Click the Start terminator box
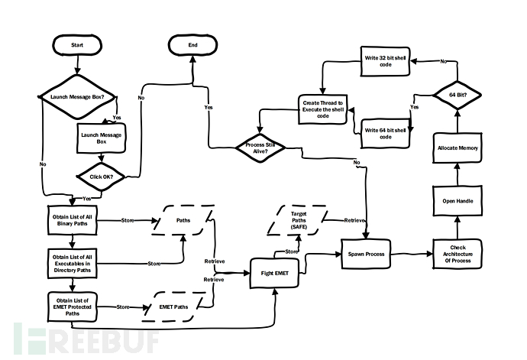point(77,46)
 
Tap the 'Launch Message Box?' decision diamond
point(76,97)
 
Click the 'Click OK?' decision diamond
point(100,176)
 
